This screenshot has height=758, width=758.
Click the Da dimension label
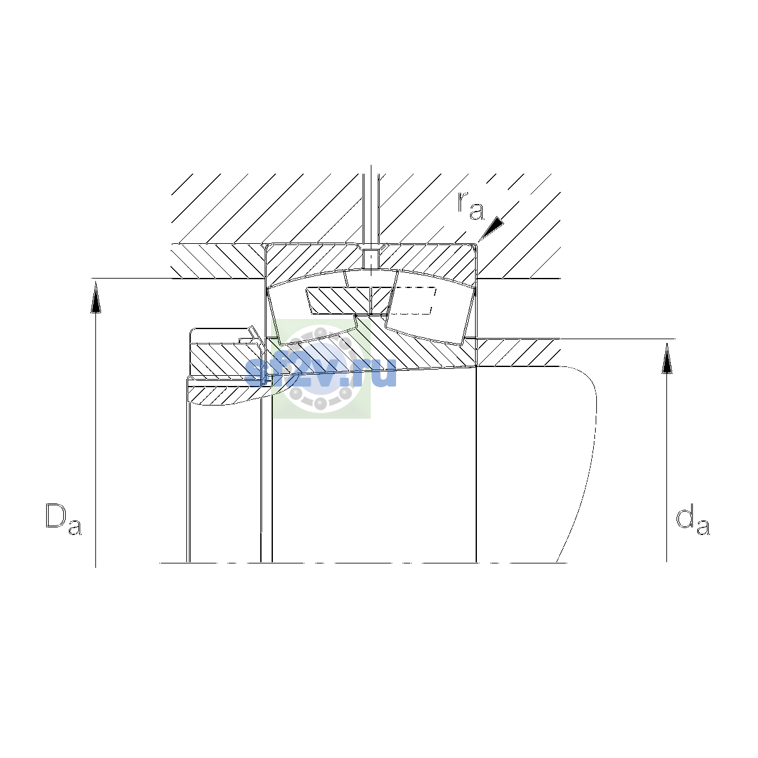pos(63,519)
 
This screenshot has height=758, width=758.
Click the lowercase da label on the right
pos(693,522)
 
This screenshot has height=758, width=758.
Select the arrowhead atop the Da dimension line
pos(95,298)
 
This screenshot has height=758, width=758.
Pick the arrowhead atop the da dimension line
pos(667,358)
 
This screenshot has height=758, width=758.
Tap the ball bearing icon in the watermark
pos(322,368)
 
